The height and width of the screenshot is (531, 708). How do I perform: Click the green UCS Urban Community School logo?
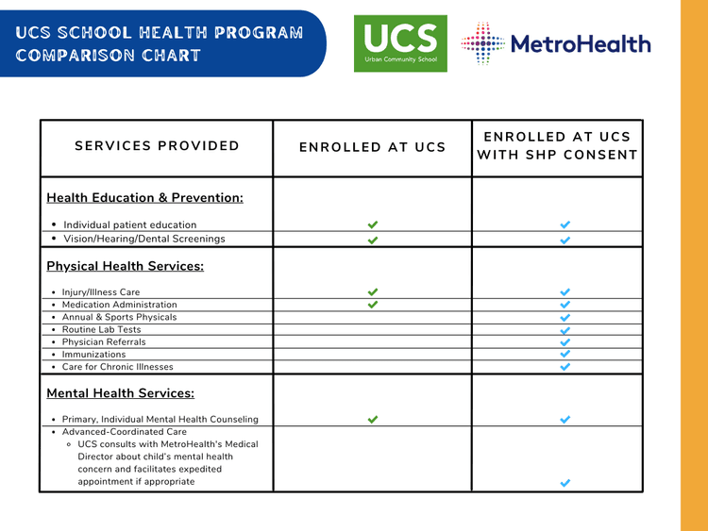pyautogui.click(x=400, y=43)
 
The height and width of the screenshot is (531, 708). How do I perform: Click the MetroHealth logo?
pyautogui.click(x=556, y=44)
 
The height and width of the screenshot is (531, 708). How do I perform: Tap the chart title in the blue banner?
pyautogui.click(x=160, y=43)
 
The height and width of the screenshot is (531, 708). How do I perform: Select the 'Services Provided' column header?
pyautogui.click(x=157, y=146)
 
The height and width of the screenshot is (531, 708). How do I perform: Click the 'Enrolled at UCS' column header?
pyautogui.click(x=372, y=147)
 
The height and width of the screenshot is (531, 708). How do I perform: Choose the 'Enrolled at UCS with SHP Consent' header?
pyautogui.click(x=557, y=146)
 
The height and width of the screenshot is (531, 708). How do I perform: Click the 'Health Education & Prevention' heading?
pyautogui.click(x=144, y=197)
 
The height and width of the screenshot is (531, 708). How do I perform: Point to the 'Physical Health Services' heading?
pyautogui.click(x=125, y=265)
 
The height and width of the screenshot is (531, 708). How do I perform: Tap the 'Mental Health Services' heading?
pyautogui.click(x=120, y=392)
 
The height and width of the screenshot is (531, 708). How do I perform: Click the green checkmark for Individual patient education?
pyautogui.click(x=372, y=224)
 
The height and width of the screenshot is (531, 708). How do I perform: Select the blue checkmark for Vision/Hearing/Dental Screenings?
pyautogui.click(x=565, y=240)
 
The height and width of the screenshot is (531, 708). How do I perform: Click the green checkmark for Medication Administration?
pyautogui.click(x=372, y=305)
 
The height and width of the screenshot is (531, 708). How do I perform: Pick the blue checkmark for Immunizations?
pyautogui.click(x=565, y=354)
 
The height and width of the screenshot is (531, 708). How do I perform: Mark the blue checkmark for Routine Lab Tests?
pyautogui.click(x=565, y=330)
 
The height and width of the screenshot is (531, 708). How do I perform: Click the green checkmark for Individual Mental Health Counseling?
pyautogui.click(x=372, y=420)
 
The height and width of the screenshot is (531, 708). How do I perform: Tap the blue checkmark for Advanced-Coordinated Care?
pyautogui.click(x=565, y=482)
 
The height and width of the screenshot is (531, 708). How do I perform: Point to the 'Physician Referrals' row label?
pyautogui.click(x=104, y=341)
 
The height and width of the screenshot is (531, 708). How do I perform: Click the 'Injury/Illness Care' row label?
pyautogui.click(x=101, y=292)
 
